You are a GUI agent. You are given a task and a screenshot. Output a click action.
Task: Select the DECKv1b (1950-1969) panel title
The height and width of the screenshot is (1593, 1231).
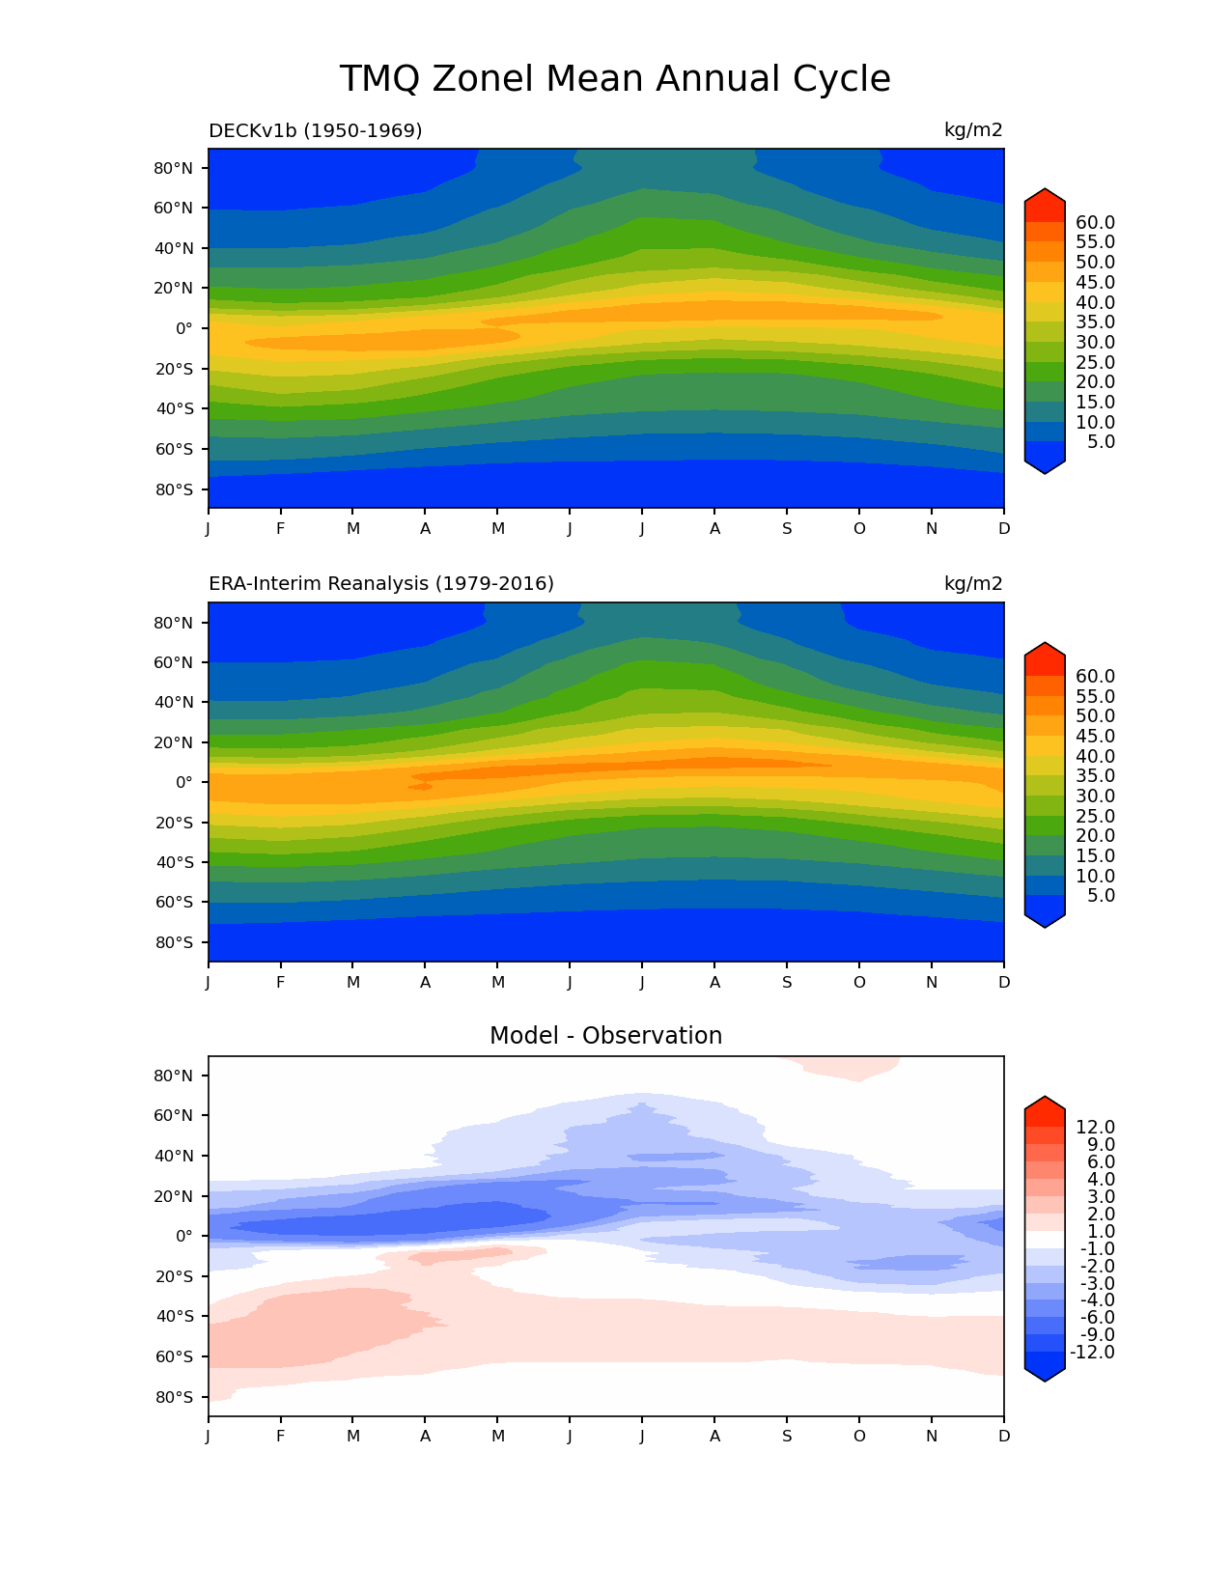pyautogui.click(x=316, y=130)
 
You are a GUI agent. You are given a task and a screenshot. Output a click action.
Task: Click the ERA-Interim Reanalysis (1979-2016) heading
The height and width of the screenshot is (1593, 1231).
pyautogui.click(x=381, y=584)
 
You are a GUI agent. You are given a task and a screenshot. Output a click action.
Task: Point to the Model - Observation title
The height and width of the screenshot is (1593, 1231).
pyautogui.click(x=605, y=1036)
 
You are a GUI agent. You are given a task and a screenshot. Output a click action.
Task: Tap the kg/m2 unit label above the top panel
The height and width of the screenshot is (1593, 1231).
pyautogui.click(x=973, y=130)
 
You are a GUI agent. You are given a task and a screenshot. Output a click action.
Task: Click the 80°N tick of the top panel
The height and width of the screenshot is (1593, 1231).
pyautogui.click(x=174, y=168)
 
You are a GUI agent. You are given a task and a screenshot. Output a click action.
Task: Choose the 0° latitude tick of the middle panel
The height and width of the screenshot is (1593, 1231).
pyautogui.click(x=183, y=782)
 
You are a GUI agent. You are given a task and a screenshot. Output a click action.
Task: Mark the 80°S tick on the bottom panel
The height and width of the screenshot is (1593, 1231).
pyautogui.click(x=174, y=1397)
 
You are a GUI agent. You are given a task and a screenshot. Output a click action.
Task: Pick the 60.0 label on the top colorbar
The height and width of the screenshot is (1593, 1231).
pyautogui.click(x=1095, y=223)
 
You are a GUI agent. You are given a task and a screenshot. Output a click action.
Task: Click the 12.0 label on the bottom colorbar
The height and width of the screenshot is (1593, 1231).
pyautogui.click(x=1095, y=1128)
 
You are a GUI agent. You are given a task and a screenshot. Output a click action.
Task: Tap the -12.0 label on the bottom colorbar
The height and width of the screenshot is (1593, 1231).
pyautogui.click(x=1093, y=1353)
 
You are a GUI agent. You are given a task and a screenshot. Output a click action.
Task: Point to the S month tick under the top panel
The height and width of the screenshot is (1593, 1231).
pyautogui.click(x=787, y=529)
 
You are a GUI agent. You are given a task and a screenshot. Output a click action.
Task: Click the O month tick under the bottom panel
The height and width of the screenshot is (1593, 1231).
pyautogui.click(x=859, y=1437)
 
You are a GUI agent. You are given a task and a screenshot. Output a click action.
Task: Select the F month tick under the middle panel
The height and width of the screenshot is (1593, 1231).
pyautogui.click(x=281, y=983)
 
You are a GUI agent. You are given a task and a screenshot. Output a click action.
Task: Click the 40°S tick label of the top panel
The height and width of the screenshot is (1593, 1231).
pyautogui.click(x=174, y=408)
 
